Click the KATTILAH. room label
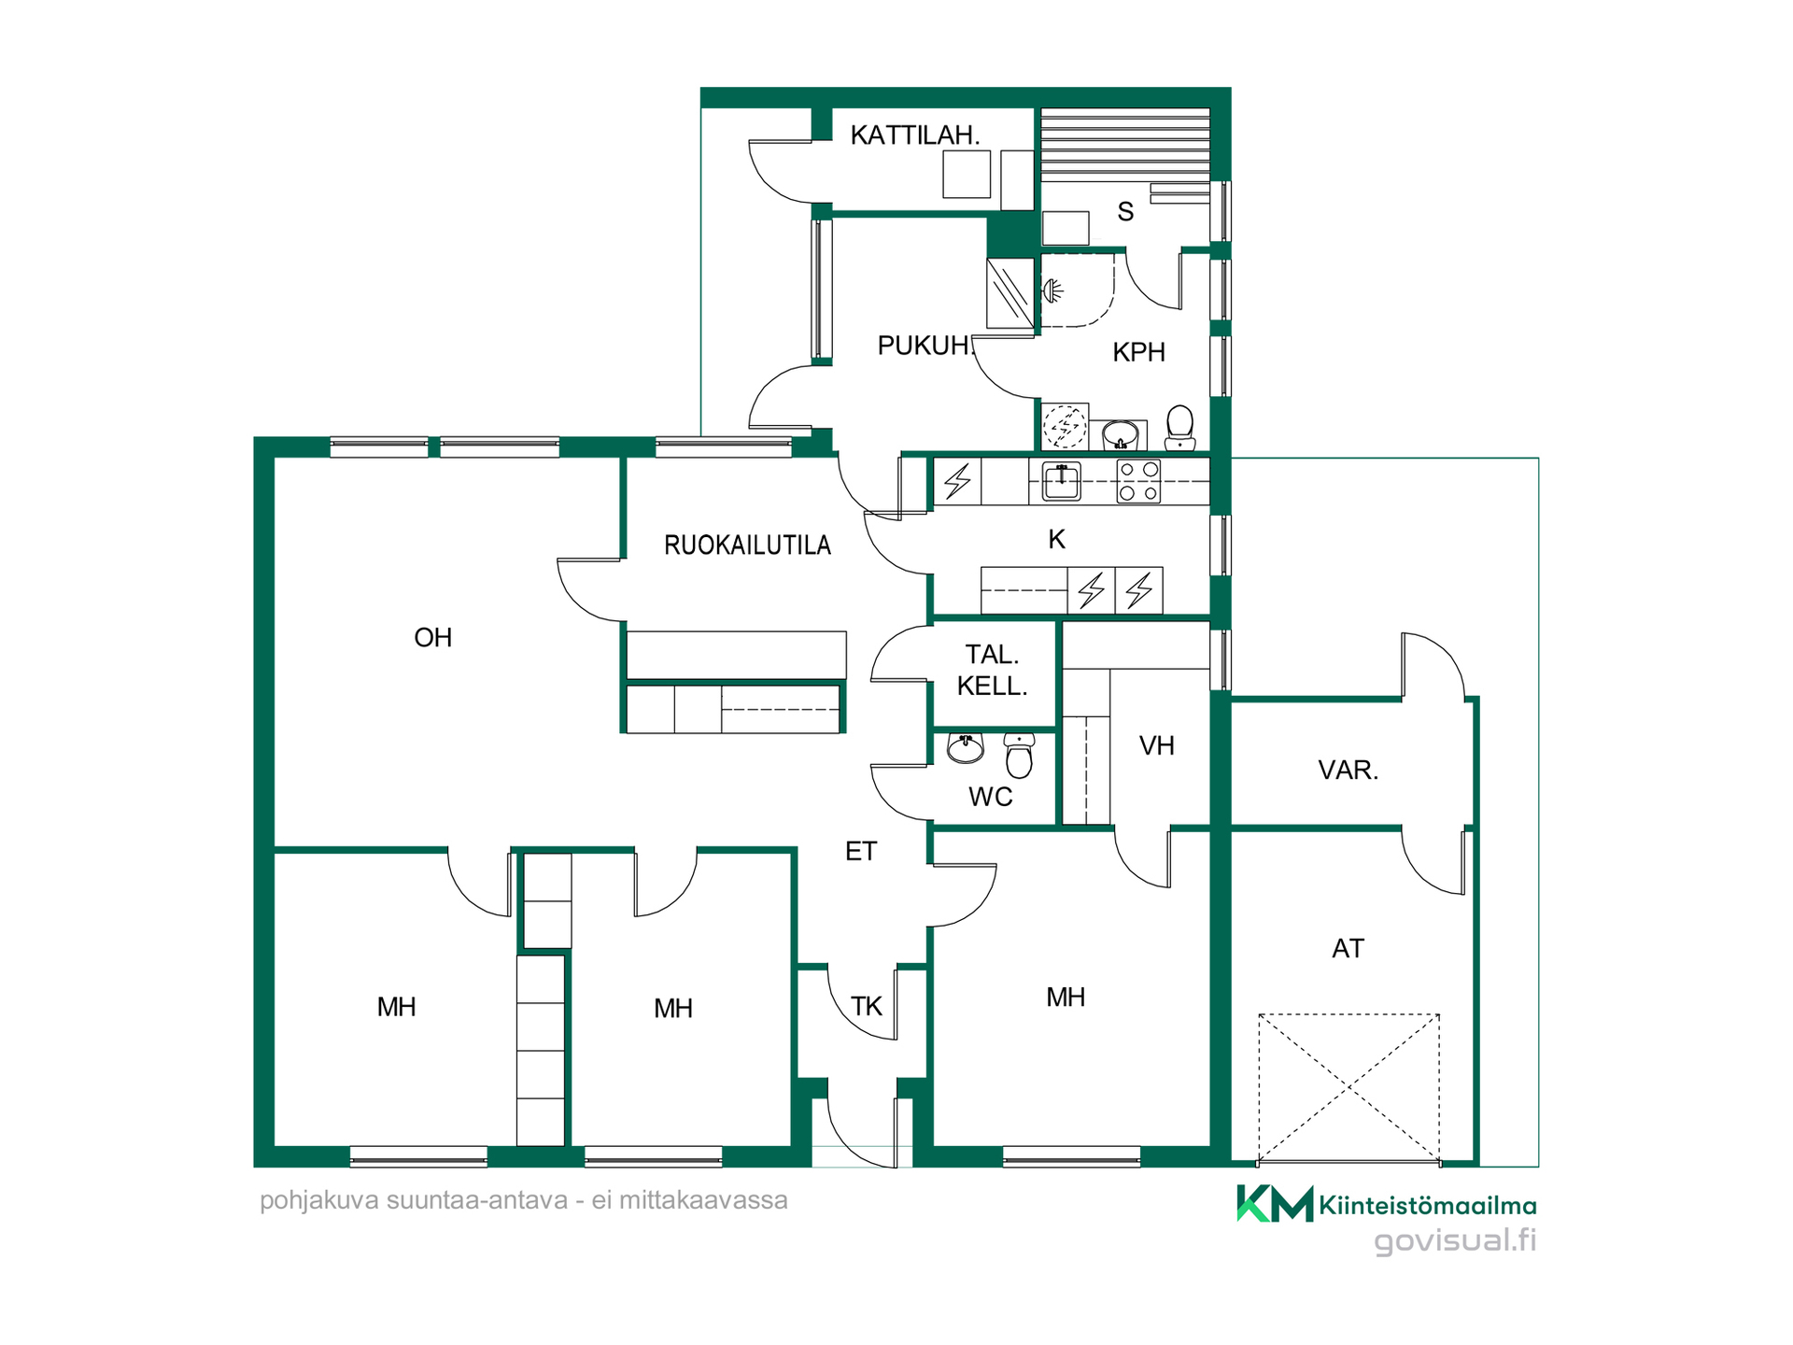tap(915, 135)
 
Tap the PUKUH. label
tap(925, 346)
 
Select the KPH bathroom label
tap(1139, 352)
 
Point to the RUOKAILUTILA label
tap(747, 545)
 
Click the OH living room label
tap(433, 638)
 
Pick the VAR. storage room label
tap(1348, 771)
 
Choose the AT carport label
tap(1348, 949)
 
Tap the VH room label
tap(1157, 746)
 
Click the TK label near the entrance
tap(867, 1007)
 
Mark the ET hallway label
tap(861, 852)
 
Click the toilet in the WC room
tap(1019, 755)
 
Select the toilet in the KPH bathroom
tap(1180, 428)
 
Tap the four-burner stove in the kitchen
tap(1139, 482)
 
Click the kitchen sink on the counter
tap(1061, 482)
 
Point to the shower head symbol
tap(1052, 291)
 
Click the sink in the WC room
tap(966, 747)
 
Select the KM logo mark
tap(1275, 1204)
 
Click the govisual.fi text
tap(1455, 1241)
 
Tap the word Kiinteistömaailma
tap(1428, 1206)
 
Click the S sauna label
tap(1126, 212)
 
